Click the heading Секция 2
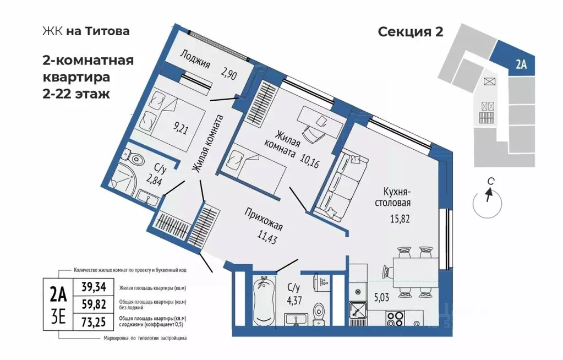(411, 32)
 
